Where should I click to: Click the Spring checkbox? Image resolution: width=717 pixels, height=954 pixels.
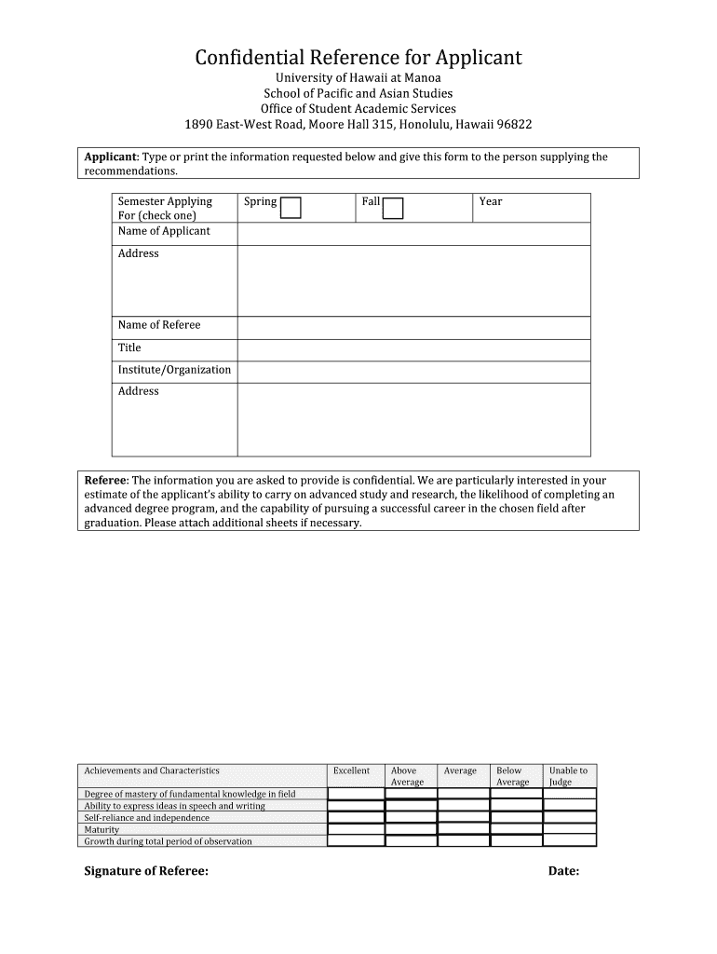coord(291,208)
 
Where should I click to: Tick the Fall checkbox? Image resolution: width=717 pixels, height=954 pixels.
coord(393,208)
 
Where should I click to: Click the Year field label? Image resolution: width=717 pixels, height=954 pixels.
coord(491,201)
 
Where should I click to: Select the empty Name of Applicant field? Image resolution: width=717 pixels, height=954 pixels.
coord(413,233)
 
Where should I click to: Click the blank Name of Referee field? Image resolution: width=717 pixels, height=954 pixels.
coord(413,327)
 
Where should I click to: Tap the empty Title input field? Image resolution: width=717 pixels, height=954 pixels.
coord(413,349)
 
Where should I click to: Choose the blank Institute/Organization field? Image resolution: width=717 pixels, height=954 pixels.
coord(413,372)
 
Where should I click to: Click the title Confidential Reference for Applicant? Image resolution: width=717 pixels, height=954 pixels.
coord(358,58)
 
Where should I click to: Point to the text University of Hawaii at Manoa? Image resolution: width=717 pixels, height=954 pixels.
coord(358,78)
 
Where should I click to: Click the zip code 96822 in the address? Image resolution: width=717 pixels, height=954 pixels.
coord(514,125)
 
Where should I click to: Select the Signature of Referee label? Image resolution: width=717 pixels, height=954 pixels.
coord(146,871)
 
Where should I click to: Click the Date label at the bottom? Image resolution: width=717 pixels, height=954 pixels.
coord(563,871)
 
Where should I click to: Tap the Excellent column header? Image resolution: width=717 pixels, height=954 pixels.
coord(352,771)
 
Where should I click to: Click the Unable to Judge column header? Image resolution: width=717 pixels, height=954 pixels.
coord(568,776)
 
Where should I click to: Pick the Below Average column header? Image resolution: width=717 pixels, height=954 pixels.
coord(512,776)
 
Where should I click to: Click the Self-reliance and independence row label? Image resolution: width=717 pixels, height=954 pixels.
coord(147,818)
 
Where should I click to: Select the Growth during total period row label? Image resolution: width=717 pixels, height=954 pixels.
coord(169,841)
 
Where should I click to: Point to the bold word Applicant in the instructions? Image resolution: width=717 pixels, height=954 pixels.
coord(111,157)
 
